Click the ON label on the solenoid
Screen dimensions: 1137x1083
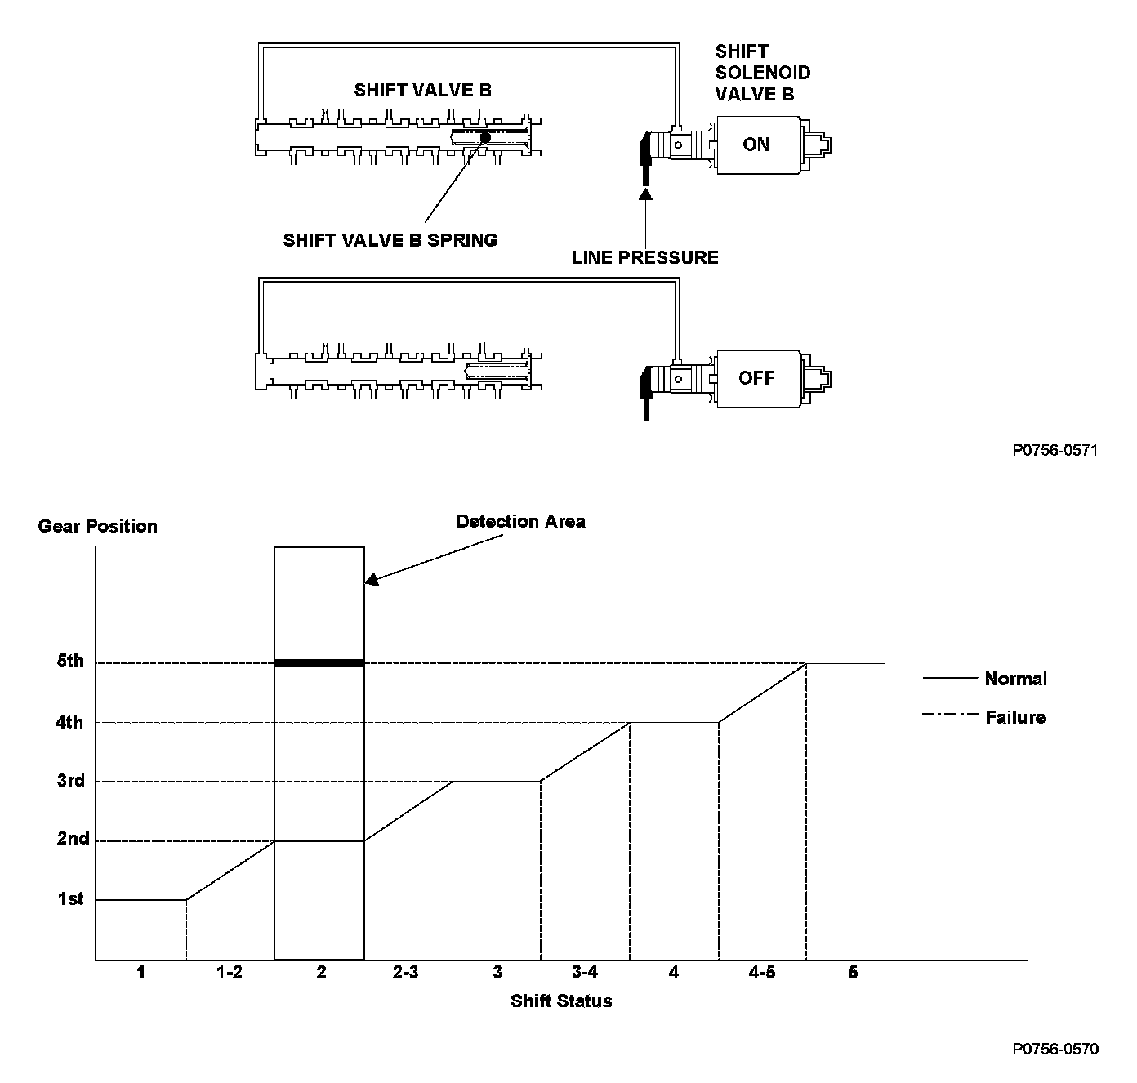756,145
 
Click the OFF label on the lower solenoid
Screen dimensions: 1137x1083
756,378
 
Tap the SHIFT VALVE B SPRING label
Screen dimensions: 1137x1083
390,240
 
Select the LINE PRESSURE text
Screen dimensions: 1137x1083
644,258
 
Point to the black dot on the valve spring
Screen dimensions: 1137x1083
484,137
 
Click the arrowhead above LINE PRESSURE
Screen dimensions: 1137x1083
645,194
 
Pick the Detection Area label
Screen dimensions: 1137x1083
520,521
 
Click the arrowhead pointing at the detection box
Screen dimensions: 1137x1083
372,579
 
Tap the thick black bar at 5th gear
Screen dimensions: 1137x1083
319,663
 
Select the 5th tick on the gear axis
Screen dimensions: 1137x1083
70,662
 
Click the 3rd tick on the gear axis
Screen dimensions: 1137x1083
71,781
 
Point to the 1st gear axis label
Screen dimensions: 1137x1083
70,899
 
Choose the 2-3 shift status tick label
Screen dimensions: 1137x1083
405,972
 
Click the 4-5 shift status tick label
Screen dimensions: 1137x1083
761,972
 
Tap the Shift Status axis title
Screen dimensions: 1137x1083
561,1001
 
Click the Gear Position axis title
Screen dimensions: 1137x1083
97,526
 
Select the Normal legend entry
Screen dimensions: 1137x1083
1015,679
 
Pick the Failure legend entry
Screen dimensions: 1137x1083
1015,717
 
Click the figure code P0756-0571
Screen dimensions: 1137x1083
1055,450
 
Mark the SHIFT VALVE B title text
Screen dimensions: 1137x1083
422,90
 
